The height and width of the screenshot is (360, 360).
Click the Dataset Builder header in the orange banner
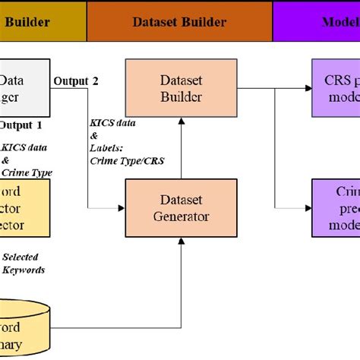(179, 22)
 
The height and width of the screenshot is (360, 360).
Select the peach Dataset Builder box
(179, 88)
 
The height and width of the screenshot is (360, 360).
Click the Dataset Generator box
(179, 207)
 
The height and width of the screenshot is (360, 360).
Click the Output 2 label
(75, 81)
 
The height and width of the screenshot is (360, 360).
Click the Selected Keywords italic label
(23, 264)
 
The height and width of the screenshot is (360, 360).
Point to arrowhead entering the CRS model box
(308, 88)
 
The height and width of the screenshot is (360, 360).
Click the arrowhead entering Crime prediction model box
(308, 207)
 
